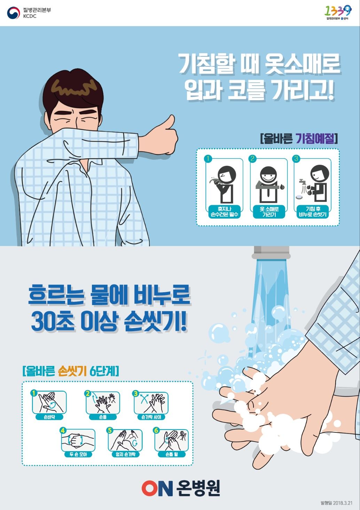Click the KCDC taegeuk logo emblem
click(x=14, y=13)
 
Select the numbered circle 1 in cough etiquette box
click(x=208, y=159)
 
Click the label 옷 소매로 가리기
click(x=269, y=212)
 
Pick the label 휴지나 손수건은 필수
click(x=225, y=212)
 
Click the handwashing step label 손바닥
click(x=49, y=417)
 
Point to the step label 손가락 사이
click(x=151, y=417)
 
